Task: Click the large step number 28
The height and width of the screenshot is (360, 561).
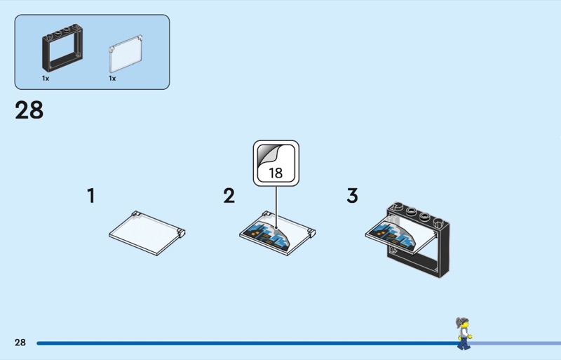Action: click(x=29, y=110)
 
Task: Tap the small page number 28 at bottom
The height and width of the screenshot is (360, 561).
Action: click(x=20, y=342)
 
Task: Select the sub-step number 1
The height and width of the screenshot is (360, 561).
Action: click(x=91, y=196)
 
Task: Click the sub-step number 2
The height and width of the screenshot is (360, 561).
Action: click(x=229, y=196)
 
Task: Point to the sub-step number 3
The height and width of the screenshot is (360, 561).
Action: click(x=352, y=196)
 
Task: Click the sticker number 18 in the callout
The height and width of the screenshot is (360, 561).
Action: click(x=276, y=173)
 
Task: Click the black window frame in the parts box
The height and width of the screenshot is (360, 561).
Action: click(x=62, y=48)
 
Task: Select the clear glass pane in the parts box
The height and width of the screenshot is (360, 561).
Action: click(x=126, y=54)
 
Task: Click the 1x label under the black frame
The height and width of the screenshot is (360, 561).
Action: click(x=46, y=78)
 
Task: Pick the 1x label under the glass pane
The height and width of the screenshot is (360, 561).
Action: click(x=112, y=78)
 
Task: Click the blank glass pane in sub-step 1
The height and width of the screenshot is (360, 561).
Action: click(x=147, y=233)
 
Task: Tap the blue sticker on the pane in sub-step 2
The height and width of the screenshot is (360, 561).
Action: click(x=264, y=235)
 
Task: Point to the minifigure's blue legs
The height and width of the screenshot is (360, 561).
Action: click(x=464, y=343)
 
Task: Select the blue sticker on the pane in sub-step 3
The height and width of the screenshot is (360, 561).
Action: click(x=393, y=234)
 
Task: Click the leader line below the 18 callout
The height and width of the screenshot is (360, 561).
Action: click(x=276, y=207)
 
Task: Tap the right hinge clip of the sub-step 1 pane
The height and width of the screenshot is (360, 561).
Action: click(x=181, y=232)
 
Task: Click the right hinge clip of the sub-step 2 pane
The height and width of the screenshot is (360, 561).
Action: click(x=311, y=233)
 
